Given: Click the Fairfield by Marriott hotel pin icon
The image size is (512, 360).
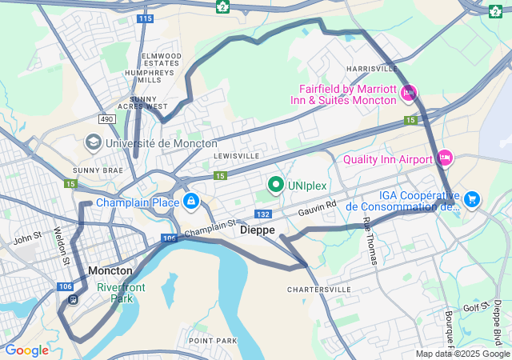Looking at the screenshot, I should (x=409, y=94).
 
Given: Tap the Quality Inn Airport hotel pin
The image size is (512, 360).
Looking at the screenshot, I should (x=445, y=158).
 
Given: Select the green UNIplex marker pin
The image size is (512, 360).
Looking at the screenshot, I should (x=277, y=186).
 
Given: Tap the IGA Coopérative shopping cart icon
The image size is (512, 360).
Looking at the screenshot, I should (x=471, y=198).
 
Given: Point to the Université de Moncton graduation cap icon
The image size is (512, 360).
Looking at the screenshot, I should (x=93, y=142).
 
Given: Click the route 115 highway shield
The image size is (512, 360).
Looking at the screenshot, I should (x=144, y=18).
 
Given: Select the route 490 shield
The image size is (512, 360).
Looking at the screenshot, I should (x=106, y=118).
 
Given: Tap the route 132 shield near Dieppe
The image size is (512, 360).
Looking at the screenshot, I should (x=262, y=214).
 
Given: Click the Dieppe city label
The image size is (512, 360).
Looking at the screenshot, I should (x=257, y=230).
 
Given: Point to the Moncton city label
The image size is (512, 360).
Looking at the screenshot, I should (x=110, y=270).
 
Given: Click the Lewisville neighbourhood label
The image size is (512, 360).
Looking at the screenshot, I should (x=236, y=155).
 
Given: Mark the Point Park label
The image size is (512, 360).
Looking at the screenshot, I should (x=213, y=341).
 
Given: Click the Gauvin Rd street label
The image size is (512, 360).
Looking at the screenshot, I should (x=318, y=209).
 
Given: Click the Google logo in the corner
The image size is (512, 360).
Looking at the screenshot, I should (x=26, y=350).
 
